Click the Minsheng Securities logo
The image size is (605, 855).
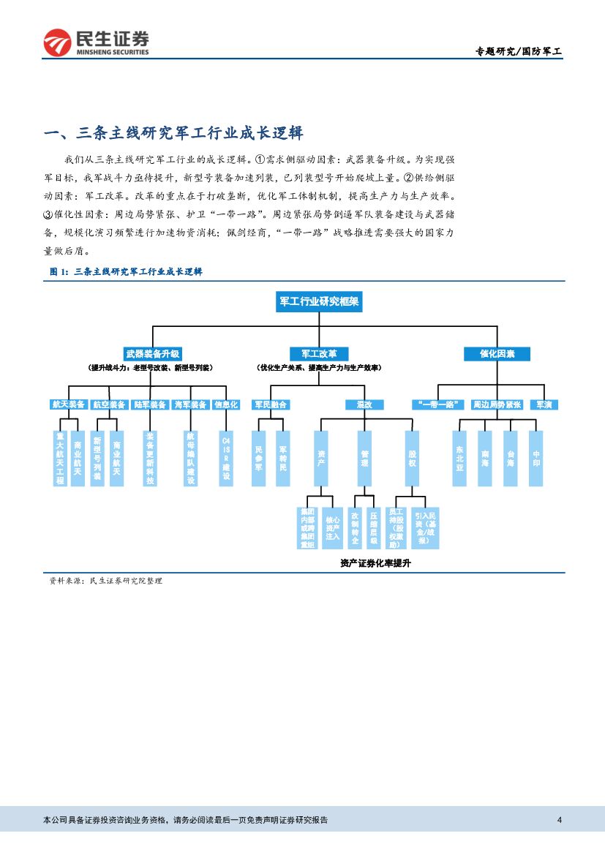[x=96, y=42]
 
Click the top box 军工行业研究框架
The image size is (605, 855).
[x=319, y=301]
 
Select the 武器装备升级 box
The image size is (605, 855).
[x=152, y=353]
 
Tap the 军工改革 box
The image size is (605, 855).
[x=319, y=353]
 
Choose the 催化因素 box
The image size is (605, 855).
[x=497, y=353]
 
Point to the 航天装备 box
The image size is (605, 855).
[x=69, y=404]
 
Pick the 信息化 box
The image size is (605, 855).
[x=225, y=404]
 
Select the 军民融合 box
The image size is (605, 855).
[x=270, y=404]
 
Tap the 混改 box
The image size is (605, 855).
[x=364, y=404]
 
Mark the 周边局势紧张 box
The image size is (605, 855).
[x=497, y=404]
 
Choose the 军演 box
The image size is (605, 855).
[x=544, y=404]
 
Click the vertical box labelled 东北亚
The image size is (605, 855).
[x=459, y=458]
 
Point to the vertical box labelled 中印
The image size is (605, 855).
[x=536, y=458]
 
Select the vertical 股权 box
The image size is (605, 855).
[x=412, y=458]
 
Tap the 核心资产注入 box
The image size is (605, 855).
[x=333, y=527]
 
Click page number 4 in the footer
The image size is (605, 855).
[x=559, y=820]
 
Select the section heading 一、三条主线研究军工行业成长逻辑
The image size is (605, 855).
[x=173, y=133]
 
